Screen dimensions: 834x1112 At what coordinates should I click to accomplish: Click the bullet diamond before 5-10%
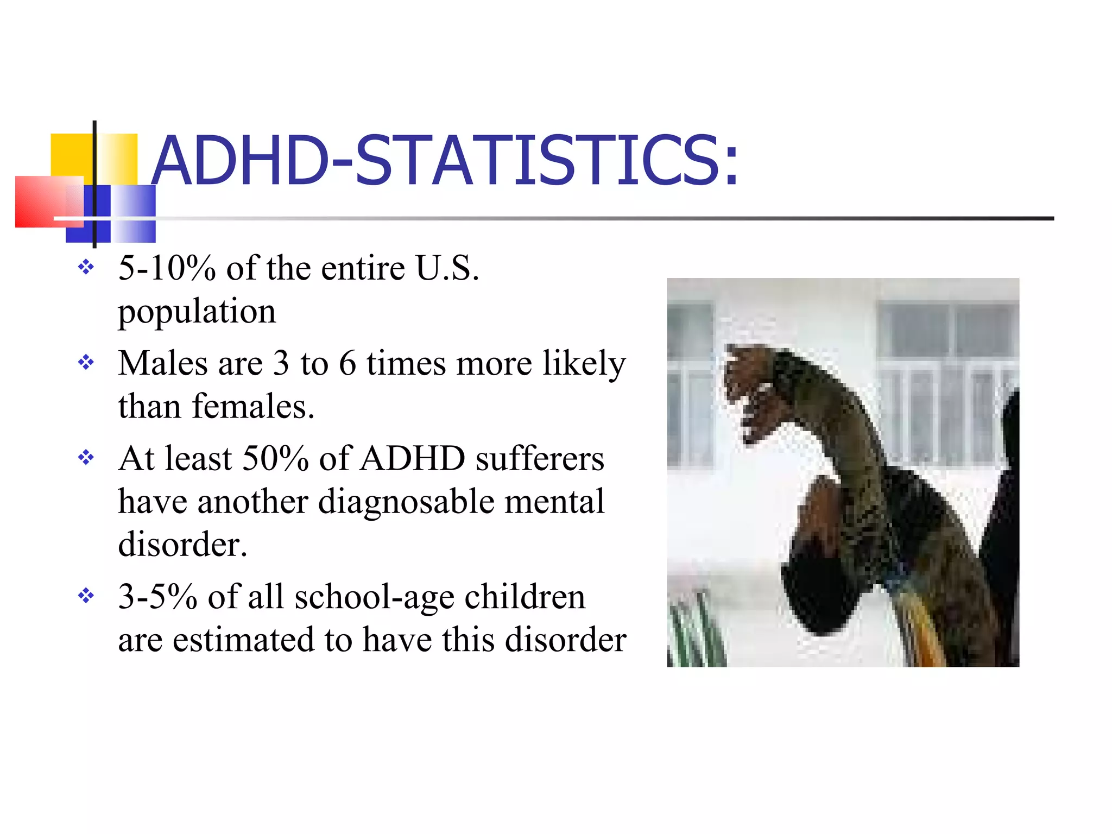86,267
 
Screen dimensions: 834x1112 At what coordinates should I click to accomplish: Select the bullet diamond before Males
86,362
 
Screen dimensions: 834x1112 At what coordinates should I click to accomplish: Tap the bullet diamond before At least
86,457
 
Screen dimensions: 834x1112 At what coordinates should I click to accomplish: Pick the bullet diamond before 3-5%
86,596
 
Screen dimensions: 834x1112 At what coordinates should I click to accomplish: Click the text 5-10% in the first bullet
167,268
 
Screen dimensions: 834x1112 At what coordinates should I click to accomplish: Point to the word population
197,312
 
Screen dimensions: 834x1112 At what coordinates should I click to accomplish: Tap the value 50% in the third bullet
275,458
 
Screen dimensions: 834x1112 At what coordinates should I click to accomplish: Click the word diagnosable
406,502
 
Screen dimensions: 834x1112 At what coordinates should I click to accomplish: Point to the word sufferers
540,458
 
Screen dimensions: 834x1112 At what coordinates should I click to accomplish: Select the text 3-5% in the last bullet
157,597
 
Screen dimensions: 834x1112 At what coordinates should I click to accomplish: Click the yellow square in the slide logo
71,154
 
